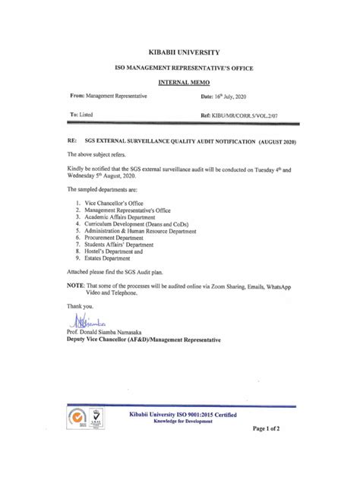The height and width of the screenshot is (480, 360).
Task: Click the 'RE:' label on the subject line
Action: [x=73, y=142]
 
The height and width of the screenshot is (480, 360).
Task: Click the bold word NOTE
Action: [x=76, y=285]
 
